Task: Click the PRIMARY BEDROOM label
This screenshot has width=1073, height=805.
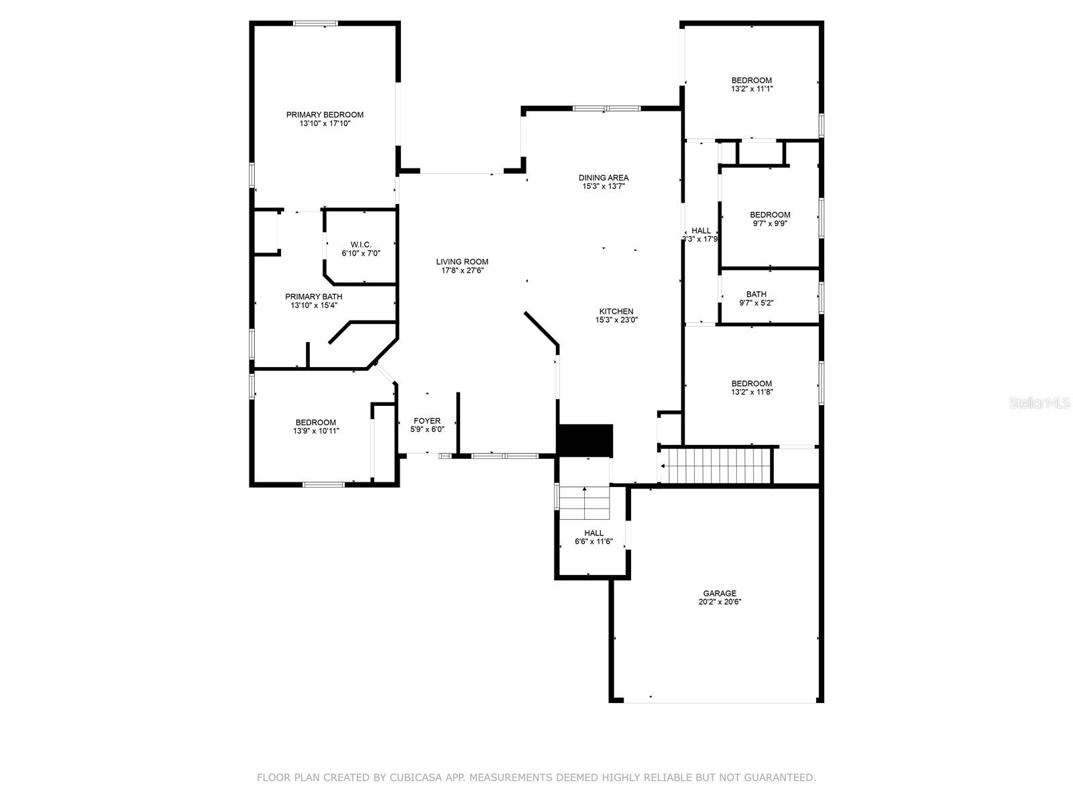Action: coord(325,115)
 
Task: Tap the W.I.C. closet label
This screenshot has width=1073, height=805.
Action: coord(361,245)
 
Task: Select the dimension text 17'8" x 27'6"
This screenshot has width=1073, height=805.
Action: coord(462,271)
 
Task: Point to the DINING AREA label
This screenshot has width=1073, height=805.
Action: coord(604,178)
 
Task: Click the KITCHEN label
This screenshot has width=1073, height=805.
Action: coord(616,311)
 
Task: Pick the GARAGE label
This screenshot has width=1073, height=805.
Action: coord(720,593)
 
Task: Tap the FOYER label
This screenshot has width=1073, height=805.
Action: coord(427,421)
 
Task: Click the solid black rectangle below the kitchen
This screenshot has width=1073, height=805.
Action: coord(585,439)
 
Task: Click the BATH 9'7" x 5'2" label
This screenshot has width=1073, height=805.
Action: coord(756,294)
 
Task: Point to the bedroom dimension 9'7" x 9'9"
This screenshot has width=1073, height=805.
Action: coord(769,224)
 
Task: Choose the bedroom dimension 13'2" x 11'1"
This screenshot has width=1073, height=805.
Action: coord(751,89)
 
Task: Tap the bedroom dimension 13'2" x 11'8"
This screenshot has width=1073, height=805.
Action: coord(751,392)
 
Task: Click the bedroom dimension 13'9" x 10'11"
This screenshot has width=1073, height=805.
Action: coord(316,431)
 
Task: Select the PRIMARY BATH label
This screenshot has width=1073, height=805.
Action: coord(314,297)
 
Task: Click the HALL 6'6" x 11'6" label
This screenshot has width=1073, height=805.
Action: coord(594,533)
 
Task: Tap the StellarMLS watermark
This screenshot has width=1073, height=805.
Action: coord(1039,403)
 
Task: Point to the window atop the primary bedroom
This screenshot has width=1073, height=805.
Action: coord(315,23)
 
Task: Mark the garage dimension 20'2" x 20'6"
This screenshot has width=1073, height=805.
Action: coord(720,602)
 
